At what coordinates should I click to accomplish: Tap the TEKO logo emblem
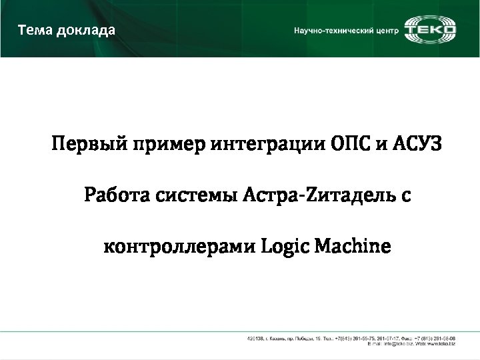[431, 30]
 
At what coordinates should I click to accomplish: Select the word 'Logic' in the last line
[286, 247]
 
